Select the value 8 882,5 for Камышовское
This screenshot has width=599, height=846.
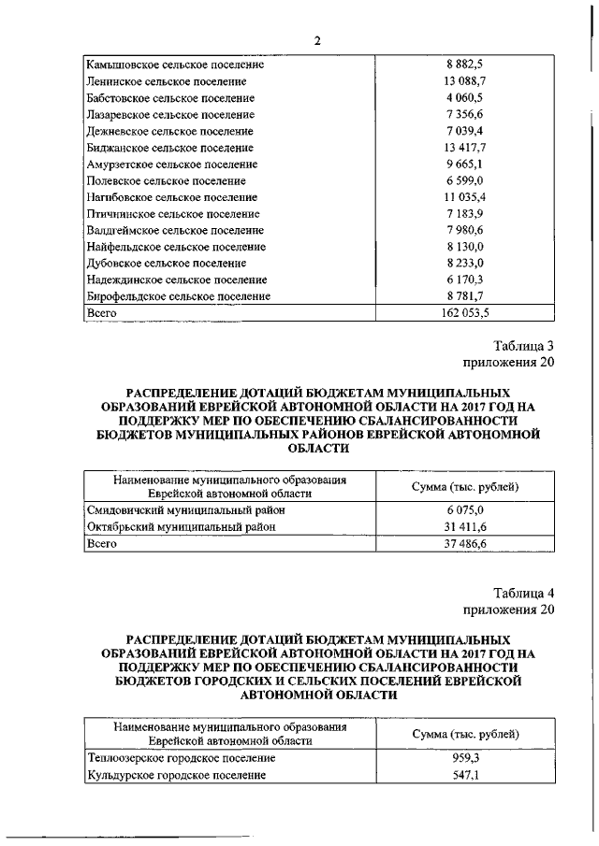pos(464,65)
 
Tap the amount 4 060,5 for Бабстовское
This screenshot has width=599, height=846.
pos(464,98)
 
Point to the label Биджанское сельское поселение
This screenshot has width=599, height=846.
pos(169,148)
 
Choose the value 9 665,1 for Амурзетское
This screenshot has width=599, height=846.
pos(464,164)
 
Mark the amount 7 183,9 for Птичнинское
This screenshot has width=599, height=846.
pos(464,214)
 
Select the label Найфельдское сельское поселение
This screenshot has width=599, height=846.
pos(175,247)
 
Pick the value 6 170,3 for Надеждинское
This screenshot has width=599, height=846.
pos(464,280)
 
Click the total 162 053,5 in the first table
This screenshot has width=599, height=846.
pos(464,313)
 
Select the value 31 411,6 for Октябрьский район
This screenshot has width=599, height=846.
pos(464,526)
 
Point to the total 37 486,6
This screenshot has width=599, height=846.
pos(464,543)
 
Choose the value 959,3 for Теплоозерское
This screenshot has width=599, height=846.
pos(464,758)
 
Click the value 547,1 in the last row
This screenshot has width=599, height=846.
pos(464,775)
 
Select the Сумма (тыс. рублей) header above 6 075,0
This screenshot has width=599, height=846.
pos(466,486)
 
